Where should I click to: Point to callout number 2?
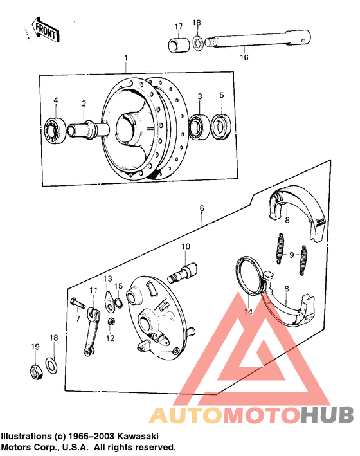click(84, 104)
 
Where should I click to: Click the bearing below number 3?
click(198, 125)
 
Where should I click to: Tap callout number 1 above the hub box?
click(126, 59)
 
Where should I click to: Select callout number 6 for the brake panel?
click(202, 209)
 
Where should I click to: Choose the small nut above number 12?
click(111, 321)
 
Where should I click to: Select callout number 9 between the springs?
click(291, 255)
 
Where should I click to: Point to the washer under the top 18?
click(197, 42)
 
